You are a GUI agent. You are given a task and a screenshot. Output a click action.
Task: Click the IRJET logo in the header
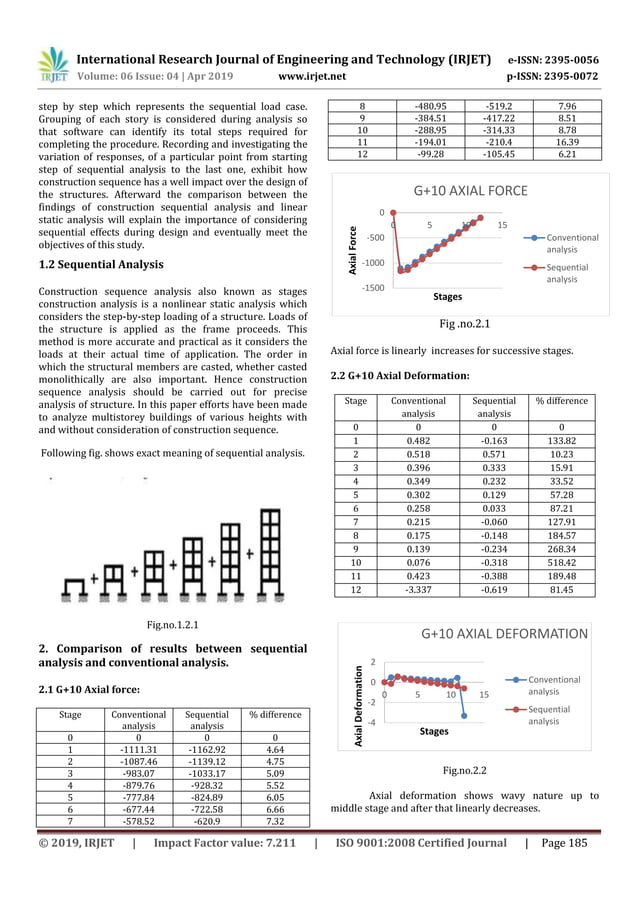pyautogui.click(x=53, y=66)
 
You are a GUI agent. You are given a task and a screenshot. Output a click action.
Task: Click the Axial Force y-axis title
pyautogui.click(x=352, y=249)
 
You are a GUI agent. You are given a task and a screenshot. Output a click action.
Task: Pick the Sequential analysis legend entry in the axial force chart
pyautogui.click(x=565, y=273)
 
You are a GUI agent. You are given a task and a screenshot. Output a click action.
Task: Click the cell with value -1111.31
pyautogui.click(x=138, y=750)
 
